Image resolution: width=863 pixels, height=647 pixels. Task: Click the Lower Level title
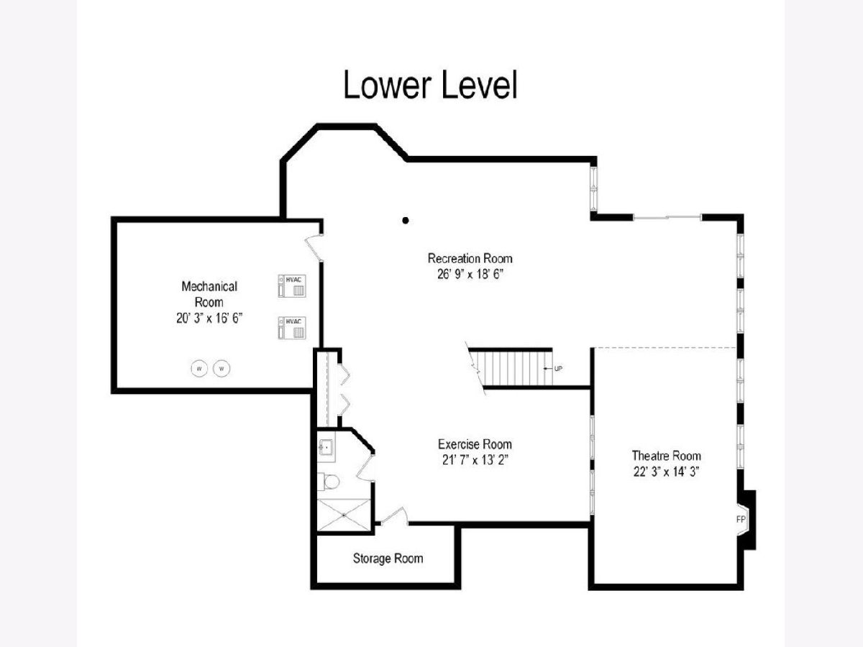(431, 85)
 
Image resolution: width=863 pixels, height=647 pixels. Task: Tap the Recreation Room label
(470, 259)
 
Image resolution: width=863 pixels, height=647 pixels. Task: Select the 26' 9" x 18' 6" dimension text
(470, 274)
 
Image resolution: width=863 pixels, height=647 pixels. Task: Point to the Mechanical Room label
(209, 294)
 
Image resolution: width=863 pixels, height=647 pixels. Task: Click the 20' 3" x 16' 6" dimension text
(209, 318)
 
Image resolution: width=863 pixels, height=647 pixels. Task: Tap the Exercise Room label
(475, 444)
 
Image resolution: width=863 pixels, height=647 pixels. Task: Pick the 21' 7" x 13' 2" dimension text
(475, 459)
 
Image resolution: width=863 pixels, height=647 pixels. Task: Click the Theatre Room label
(667, 456)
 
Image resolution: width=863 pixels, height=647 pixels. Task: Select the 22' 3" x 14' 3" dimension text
(667, 472)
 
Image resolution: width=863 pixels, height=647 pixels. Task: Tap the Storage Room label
(388, 559)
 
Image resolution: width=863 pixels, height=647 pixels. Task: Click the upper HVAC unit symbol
(292, 285)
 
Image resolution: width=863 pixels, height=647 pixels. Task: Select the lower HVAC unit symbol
(292, 328)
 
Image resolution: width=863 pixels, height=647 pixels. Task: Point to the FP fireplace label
(741, 519)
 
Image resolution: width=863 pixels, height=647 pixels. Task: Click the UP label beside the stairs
(558, 369)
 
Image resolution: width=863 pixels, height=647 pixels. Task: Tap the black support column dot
(406, 221)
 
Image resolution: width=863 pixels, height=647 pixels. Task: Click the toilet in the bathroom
(329, 482)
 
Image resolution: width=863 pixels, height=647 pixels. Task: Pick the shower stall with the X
(344, 515)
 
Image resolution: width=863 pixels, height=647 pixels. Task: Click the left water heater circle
(199, 369)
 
